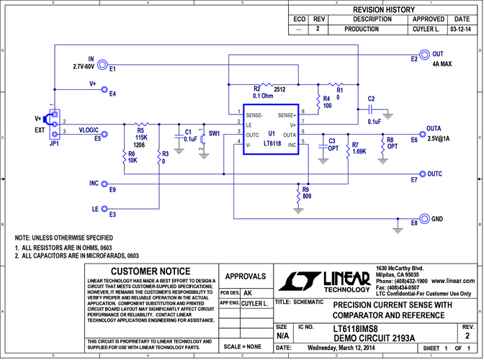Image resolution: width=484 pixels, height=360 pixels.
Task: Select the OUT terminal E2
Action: (x=425, y=55)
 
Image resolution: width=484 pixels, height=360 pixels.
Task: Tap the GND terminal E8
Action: (x=425, y=219)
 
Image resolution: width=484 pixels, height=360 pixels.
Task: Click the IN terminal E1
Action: (x=103, y=64)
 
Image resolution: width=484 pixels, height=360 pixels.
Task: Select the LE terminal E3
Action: (x=103, y=210)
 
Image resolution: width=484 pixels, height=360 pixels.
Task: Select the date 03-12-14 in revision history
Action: (x=459, y=30)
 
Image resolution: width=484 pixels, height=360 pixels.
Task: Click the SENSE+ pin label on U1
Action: (x=287, y=115)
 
